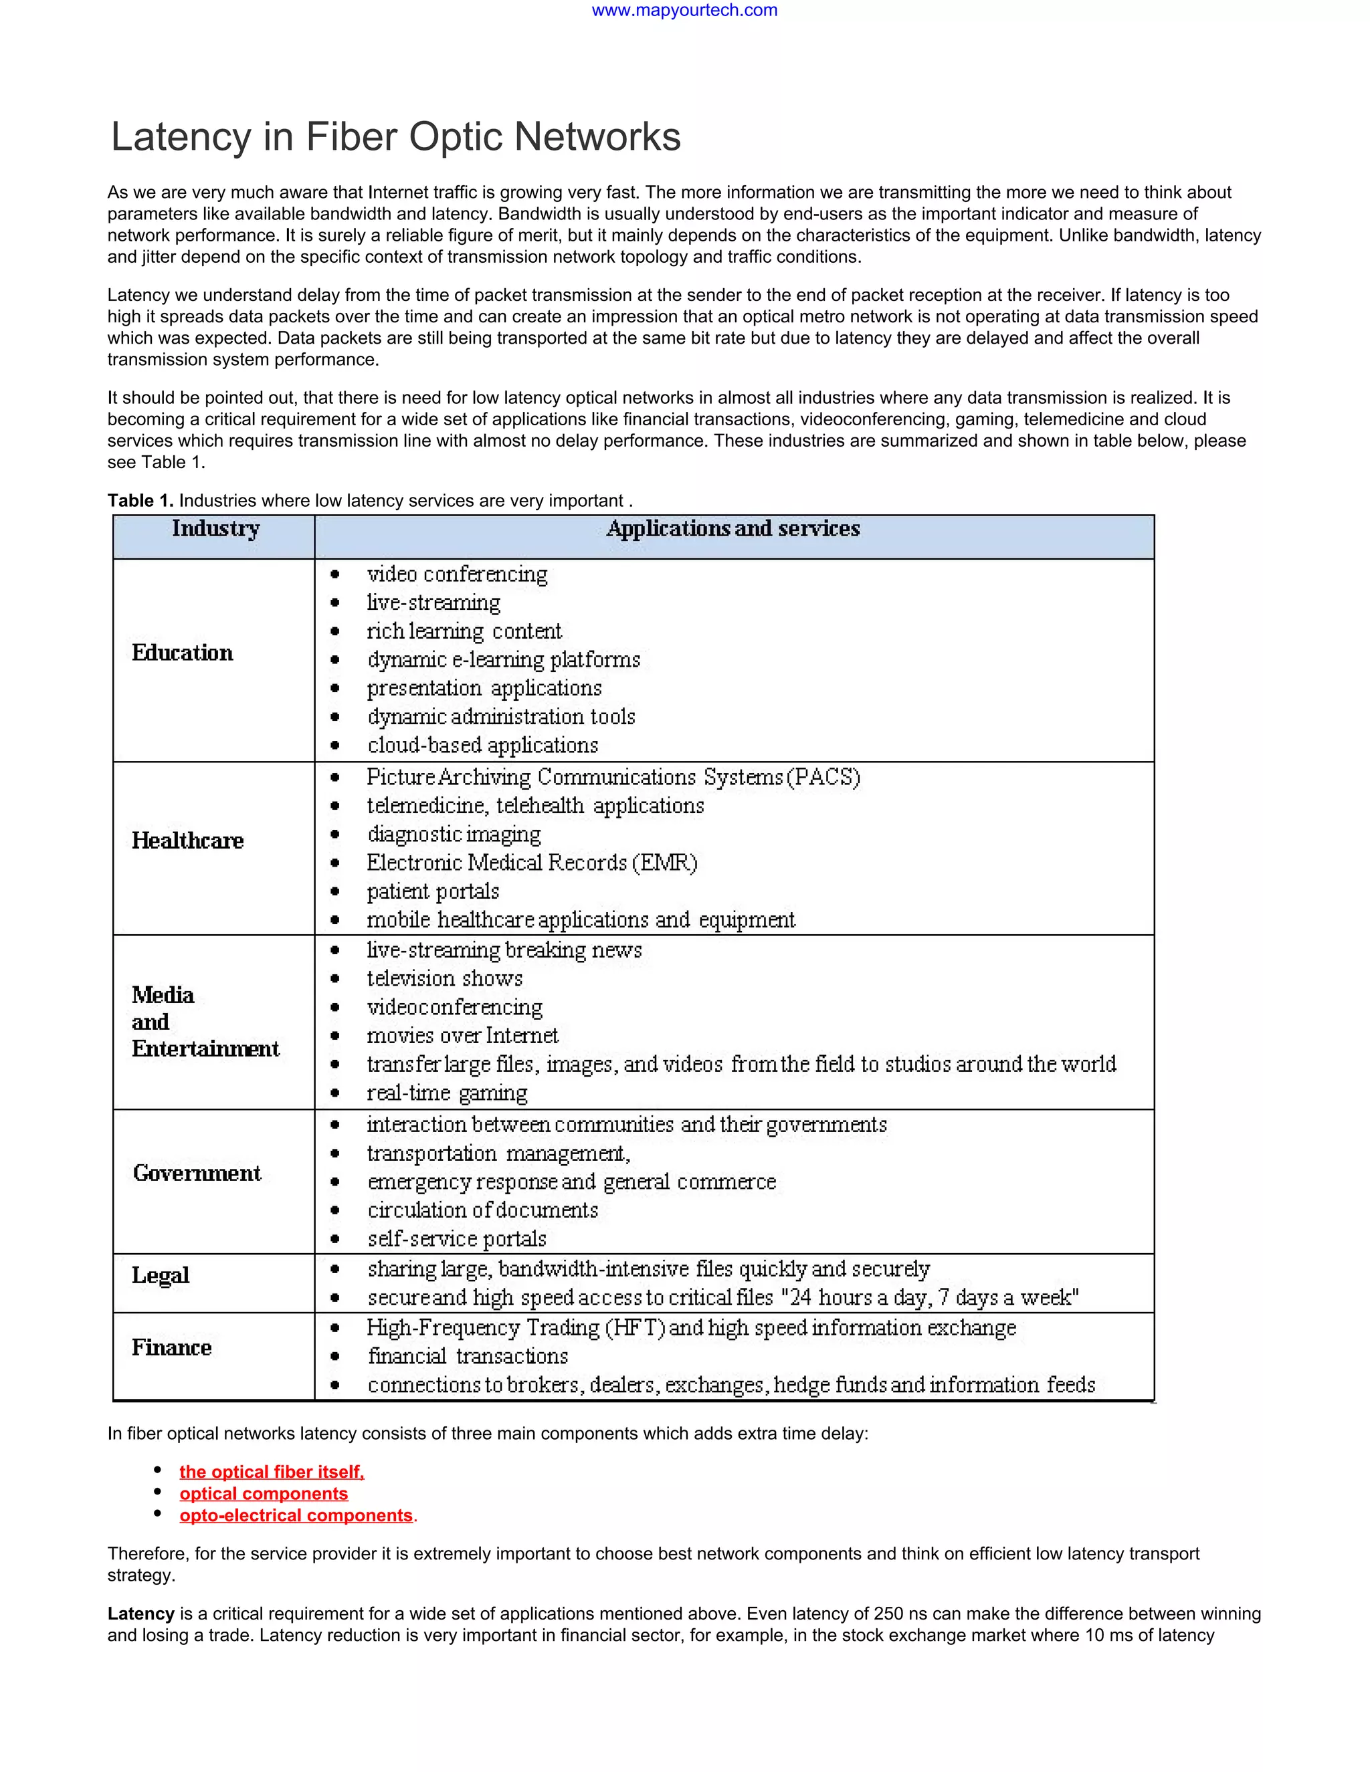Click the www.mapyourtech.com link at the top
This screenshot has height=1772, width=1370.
(x=684, y=11)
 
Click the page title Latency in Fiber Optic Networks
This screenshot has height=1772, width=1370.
(x=395, y=136)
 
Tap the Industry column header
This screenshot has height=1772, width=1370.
(x=215, y=529)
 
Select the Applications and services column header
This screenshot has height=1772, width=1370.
(x=733, y=529)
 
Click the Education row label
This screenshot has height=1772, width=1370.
(x=182, y=653)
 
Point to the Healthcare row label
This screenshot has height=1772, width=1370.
(x=187, y=841)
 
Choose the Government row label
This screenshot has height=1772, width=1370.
(x=197, y=1174)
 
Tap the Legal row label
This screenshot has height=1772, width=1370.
(x=161, y=1275)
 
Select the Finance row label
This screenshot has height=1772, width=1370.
(x=171, y=1347)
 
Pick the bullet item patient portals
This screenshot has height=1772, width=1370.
(x=433, y=891)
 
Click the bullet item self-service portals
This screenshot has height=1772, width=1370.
(x=456, y=1239)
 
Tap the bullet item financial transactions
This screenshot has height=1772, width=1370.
(x=468, y=1357)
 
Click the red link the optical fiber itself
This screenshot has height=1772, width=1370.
(x=271, y=1472)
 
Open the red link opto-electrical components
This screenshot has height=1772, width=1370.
(x=296, y=1516)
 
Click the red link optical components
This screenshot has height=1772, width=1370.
(x=263, y=1494)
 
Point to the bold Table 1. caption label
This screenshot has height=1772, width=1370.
(x=140, y=501)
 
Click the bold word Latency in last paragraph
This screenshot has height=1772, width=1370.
(x=141, y=1614)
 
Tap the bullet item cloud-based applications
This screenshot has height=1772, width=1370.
(x=482, y=745)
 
